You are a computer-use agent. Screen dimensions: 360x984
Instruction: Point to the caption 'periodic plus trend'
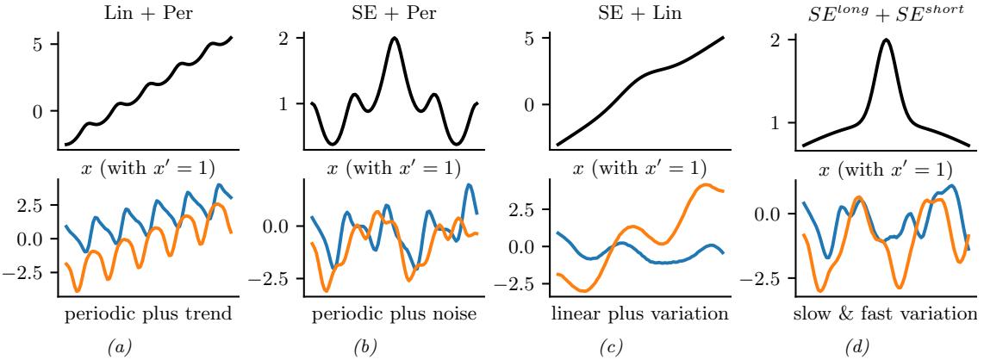click(148, 313)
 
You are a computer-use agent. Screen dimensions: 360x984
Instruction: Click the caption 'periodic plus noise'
click(394, 313)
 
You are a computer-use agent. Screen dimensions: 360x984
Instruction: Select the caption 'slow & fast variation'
click(885, 313)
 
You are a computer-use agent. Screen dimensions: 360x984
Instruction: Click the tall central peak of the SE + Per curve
click(395, 39)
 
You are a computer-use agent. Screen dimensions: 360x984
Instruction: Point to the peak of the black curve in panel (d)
click(885, 40)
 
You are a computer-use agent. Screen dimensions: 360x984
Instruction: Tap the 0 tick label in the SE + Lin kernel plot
click(532, 105)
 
